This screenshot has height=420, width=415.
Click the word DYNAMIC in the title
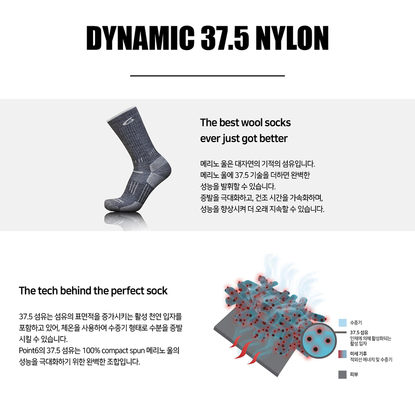[x=140, y=38]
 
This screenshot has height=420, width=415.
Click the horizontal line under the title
[x=207, y=76]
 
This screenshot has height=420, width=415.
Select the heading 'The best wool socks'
[x=245, y=123]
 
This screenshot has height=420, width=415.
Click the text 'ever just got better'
[x=244, y=138]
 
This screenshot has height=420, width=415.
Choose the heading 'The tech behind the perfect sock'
[x=93, y=290]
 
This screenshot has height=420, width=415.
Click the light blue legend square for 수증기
[x=343, y=323]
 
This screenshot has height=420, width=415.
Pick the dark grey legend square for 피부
[x=343, y=374]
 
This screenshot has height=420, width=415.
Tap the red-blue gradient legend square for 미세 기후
[x=343, y=354]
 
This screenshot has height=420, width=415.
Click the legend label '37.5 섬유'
[x=359, y=333]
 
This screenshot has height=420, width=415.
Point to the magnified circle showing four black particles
[x=319, y=340]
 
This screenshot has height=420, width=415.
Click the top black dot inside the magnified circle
[x=319, y=331]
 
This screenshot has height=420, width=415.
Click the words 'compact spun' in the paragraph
[x=123, y=351]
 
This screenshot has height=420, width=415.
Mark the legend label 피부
[x=354, y=374]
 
